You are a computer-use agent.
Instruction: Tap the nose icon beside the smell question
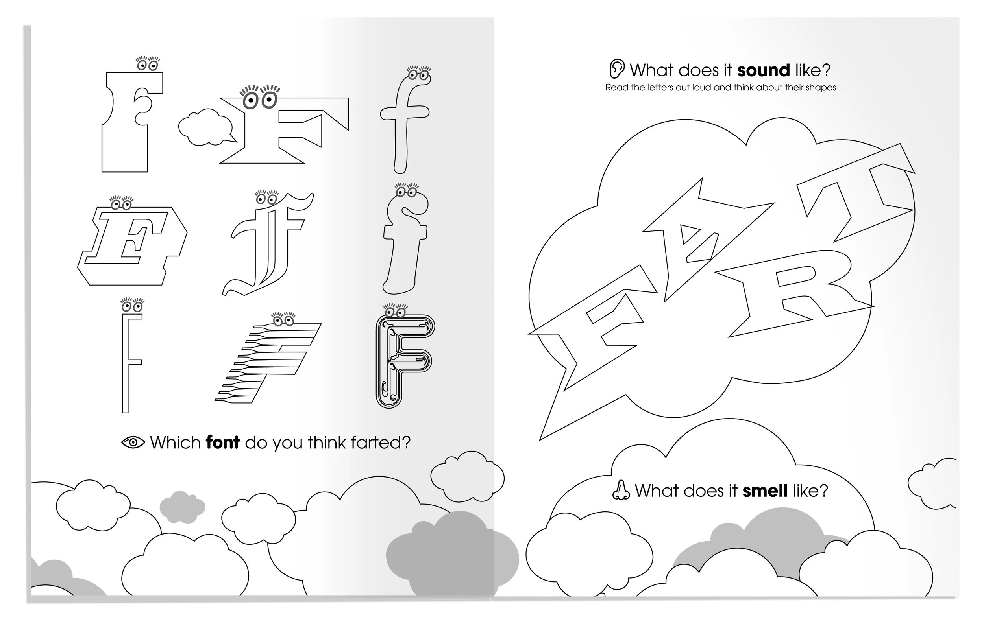click(621, 490)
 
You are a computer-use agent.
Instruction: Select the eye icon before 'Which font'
click(133, 442)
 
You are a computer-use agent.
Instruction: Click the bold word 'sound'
click(763, 70)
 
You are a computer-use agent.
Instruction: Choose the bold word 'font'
click(223, 442)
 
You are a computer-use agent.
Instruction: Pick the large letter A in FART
click(695, 241)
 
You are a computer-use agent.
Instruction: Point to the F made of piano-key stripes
click(270, 361)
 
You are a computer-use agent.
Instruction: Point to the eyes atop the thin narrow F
click(132, 306)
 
